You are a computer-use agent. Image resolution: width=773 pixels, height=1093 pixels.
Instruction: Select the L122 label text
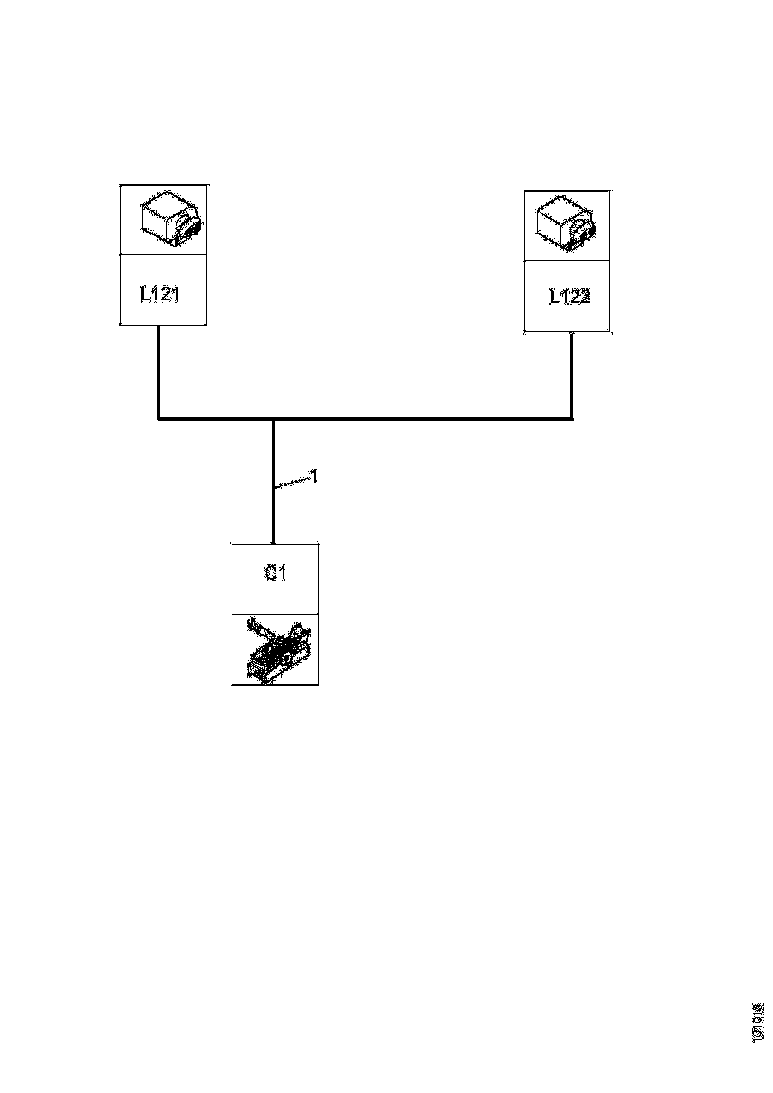coord(569,295)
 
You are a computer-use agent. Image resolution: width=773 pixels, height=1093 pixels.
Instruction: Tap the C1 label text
coord(276,574)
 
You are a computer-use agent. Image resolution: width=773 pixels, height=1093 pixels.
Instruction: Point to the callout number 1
coord(314,477)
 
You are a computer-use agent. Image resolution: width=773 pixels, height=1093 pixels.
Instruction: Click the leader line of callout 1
coord(292,483)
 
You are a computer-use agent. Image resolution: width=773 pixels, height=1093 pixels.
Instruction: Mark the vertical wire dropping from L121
coord(159,373)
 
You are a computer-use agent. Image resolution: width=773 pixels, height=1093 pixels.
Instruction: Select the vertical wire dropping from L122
coord(572,376)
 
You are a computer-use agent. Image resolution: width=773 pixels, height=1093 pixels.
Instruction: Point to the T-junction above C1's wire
coord(273,419)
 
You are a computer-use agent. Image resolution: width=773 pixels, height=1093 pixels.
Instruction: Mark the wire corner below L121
coord(159,419)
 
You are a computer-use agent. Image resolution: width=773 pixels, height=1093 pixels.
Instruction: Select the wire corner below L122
coord(572,419)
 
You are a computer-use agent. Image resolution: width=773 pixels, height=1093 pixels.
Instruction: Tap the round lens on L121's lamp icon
coord(188,227)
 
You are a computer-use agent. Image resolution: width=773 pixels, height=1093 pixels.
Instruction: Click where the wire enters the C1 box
coord(273,542)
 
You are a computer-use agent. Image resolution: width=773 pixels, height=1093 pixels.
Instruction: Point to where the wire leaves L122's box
coord(572,333)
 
